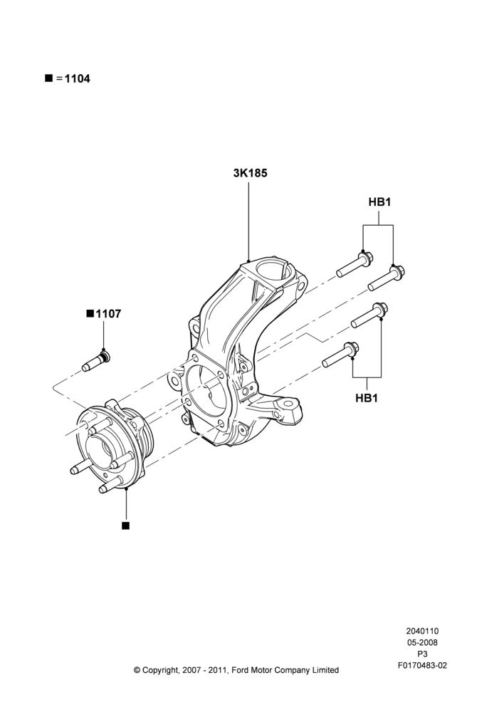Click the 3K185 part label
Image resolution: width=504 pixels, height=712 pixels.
tap(250, 173)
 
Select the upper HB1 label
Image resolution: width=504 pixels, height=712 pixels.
tap(379, 202)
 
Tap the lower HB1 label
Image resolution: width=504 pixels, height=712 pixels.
tap(367, 398)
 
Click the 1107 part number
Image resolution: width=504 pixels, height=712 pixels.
tap(108, 314)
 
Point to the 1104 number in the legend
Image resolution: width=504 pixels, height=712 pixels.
tap(77, 78)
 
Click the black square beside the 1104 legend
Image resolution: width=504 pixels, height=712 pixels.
tap(48, 78)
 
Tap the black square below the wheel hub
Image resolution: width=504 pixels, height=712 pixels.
tap(126, 525)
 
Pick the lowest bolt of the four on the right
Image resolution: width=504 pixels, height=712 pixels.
tap(340, 355)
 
